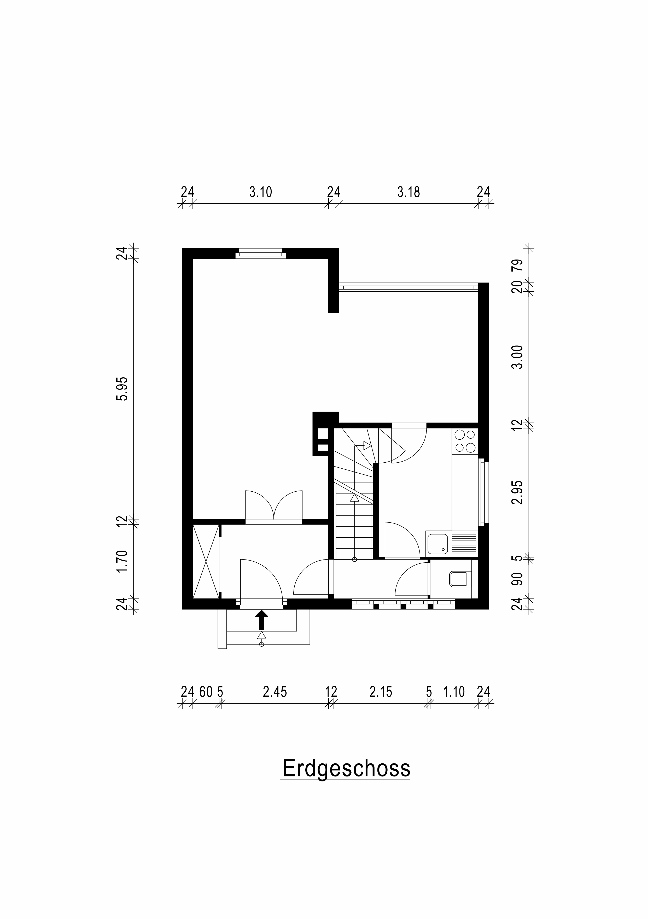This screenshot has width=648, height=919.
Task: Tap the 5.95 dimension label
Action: (122, 388)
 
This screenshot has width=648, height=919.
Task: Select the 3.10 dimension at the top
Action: (260, 192)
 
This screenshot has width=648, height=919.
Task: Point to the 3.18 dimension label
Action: (408, 192)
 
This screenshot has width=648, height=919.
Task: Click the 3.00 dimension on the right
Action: (518, 357)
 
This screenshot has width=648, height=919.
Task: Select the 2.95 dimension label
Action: (518, 492)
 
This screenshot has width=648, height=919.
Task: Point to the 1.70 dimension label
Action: (122, 562)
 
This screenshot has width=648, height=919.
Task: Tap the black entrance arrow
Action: (261, 620)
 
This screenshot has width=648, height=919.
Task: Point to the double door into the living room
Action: (273, 506)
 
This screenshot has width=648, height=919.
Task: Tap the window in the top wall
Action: (260, 253)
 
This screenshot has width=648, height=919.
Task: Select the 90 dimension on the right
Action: (518, 579)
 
